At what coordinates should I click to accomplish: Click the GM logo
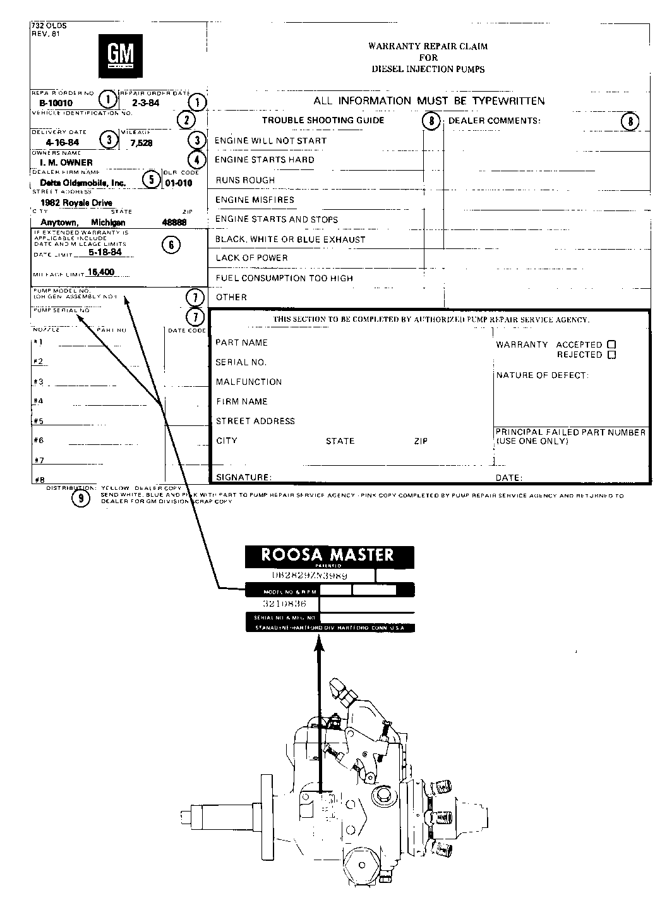click(x=121, y=55)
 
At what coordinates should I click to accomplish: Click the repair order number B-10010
click(x=56, y=103)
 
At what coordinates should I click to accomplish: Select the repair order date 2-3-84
click(x=145, y=103)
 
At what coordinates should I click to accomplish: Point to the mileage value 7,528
click(x=141, y=143)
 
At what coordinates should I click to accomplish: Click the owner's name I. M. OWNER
click(x=63, y=162)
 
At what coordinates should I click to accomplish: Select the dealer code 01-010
click(x=179, y=184)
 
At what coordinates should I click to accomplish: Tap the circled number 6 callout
click(x=171, y=245)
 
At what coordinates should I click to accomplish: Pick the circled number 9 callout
click(x=80, y=499)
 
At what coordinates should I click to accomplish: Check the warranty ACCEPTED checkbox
click(x=611, y=344)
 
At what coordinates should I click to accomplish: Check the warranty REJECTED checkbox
click(x=611, y=355)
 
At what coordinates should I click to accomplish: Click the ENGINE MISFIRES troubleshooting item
click(x=255, y=200)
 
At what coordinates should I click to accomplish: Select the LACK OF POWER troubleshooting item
click(x=251, y=258)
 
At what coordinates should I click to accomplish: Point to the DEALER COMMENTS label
click(x=494, y=120)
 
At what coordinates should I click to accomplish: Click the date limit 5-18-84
click(x=105, y=252)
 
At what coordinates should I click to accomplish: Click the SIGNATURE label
click(x=244, y=477)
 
